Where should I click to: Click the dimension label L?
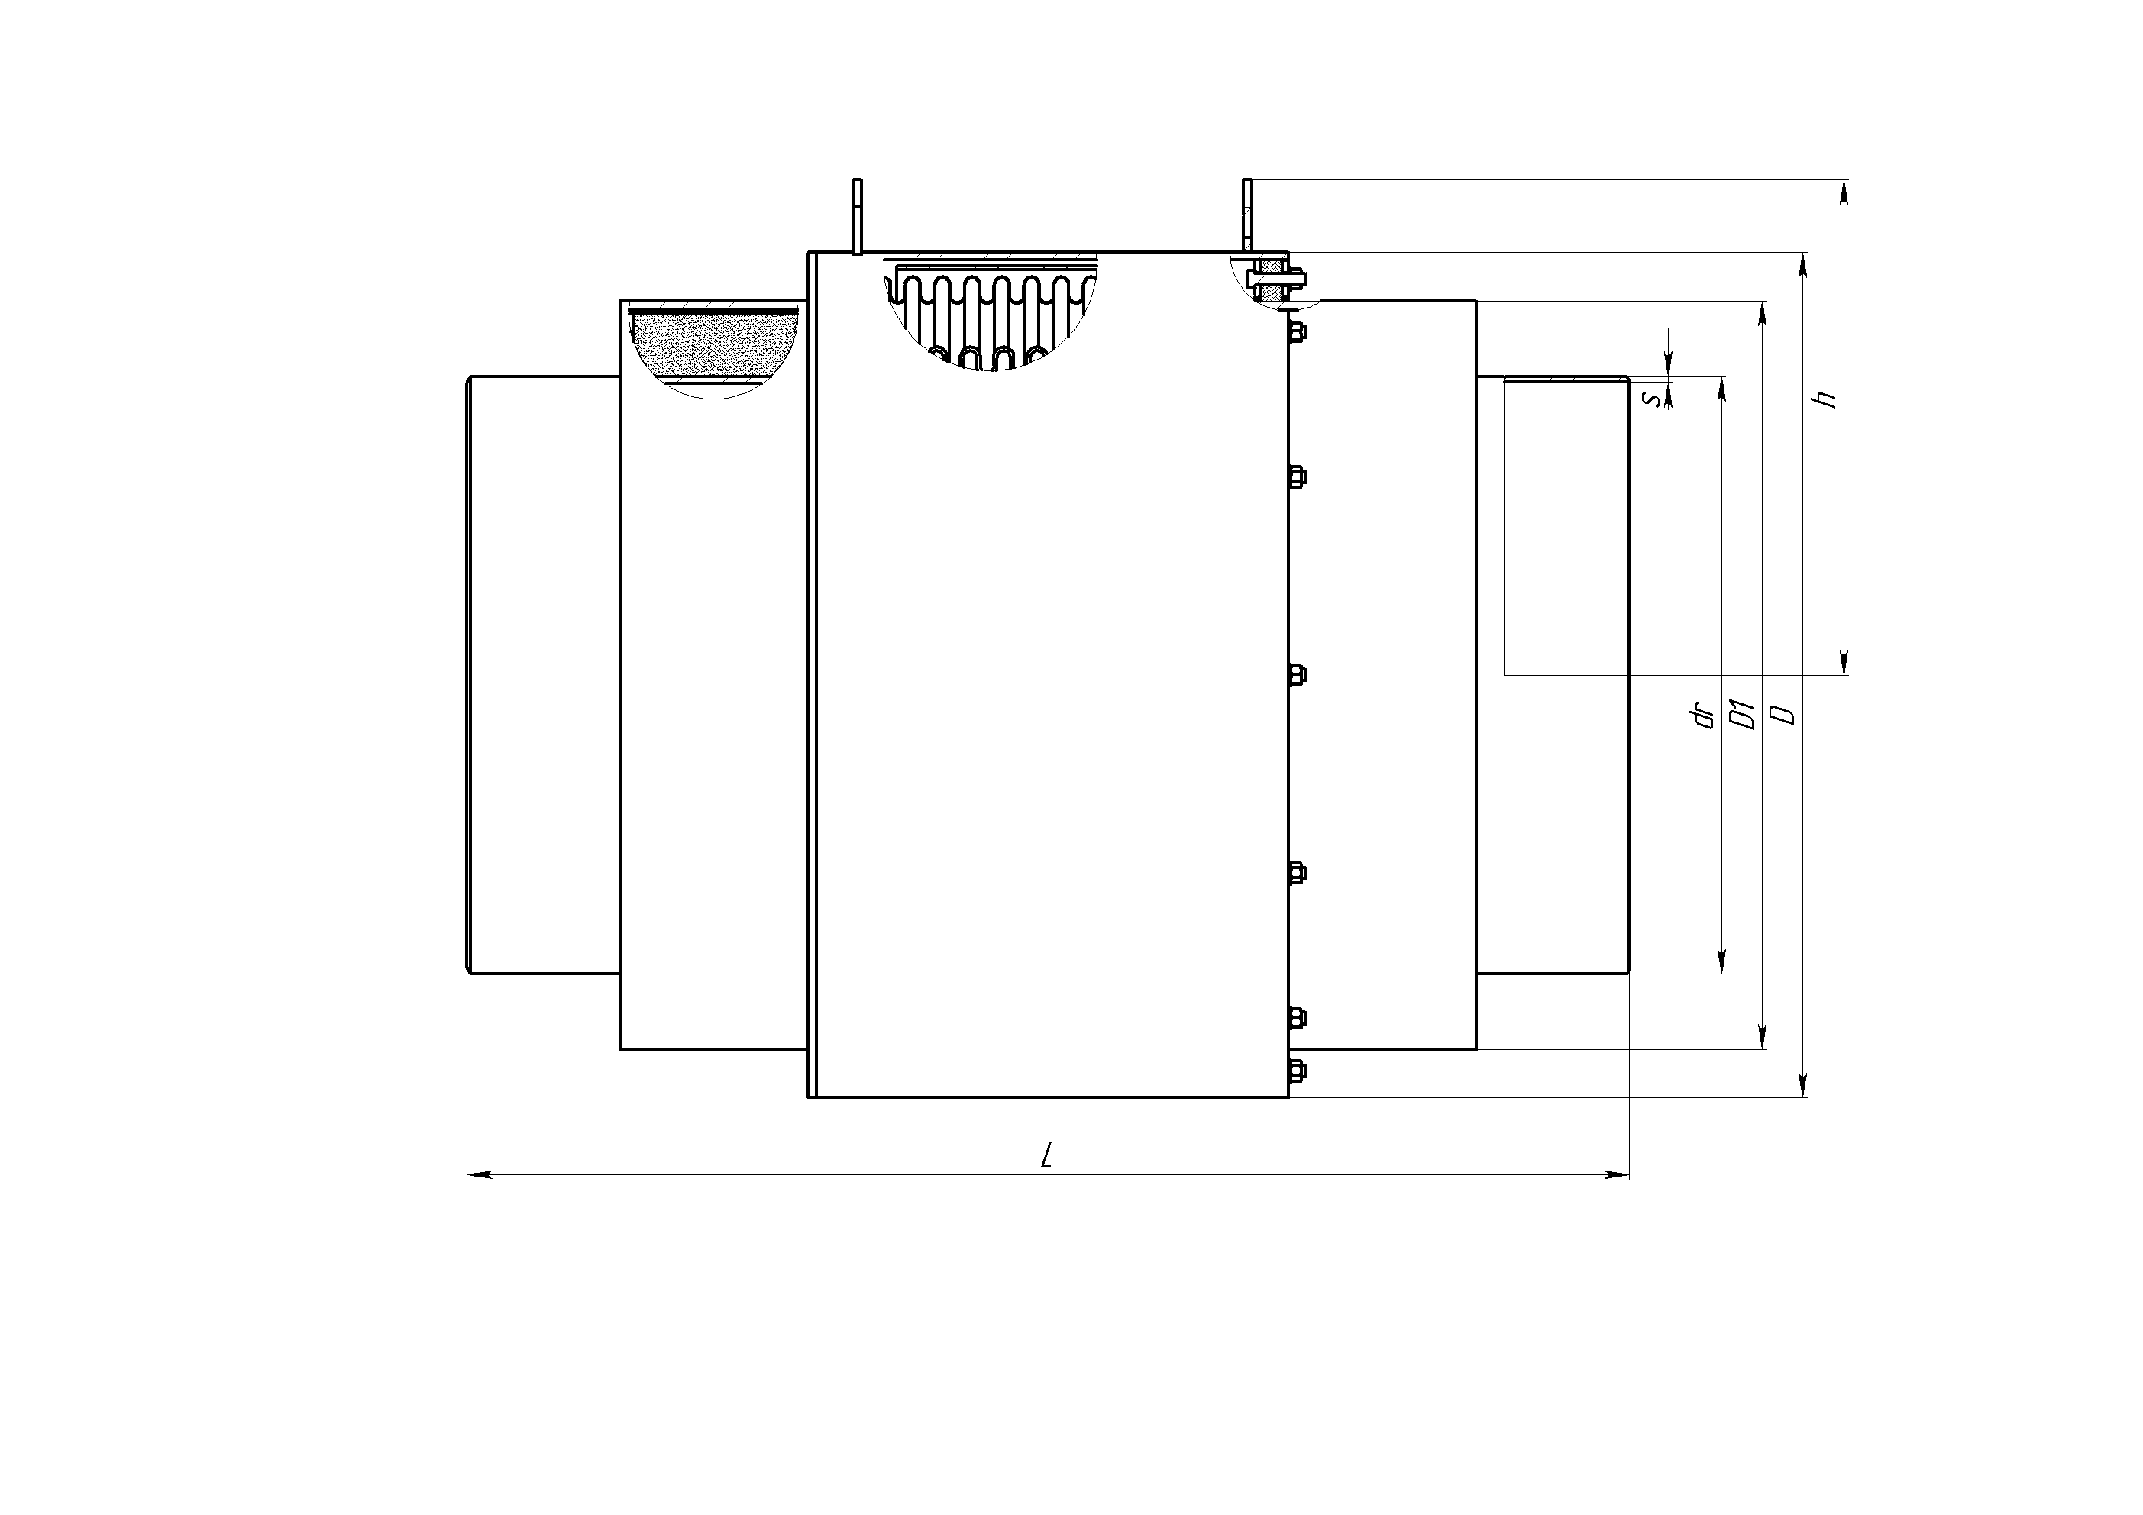(1047, 1155)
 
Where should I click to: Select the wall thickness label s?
(1652, 399)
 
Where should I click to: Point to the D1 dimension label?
(1741, 714)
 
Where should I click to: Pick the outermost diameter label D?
(1783, 715)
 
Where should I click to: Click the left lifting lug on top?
(857, 215)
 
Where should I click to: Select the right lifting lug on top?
(1247, 215)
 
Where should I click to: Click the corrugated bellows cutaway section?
(991, 313)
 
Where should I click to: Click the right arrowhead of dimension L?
(1617, 1174)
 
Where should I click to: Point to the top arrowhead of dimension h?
(1844, 192)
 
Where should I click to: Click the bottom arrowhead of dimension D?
(1803, 1084)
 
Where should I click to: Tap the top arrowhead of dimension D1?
(1762, 314)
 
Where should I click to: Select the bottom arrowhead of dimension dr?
(1722, 961)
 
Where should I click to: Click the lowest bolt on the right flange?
(1297, 1070)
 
